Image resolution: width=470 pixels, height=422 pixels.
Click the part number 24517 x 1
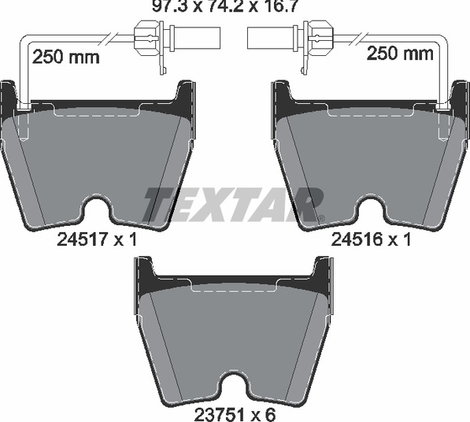click(97, 240)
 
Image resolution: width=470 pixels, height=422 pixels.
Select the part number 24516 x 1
click(371, 240)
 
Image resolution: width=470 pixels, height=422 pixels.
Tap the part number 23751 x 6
click(235, 415)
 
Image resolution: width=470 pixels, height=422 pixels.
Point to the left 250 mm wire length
click(65, 57)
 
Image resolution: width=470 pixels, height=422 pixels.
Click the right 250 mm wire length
click(400, 54)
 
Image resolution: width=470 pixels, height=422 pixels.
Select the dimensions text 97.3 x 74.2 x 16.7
click(225, 6)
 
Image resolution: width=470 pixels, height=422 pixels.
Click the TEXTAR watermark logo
click(232, 205)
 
